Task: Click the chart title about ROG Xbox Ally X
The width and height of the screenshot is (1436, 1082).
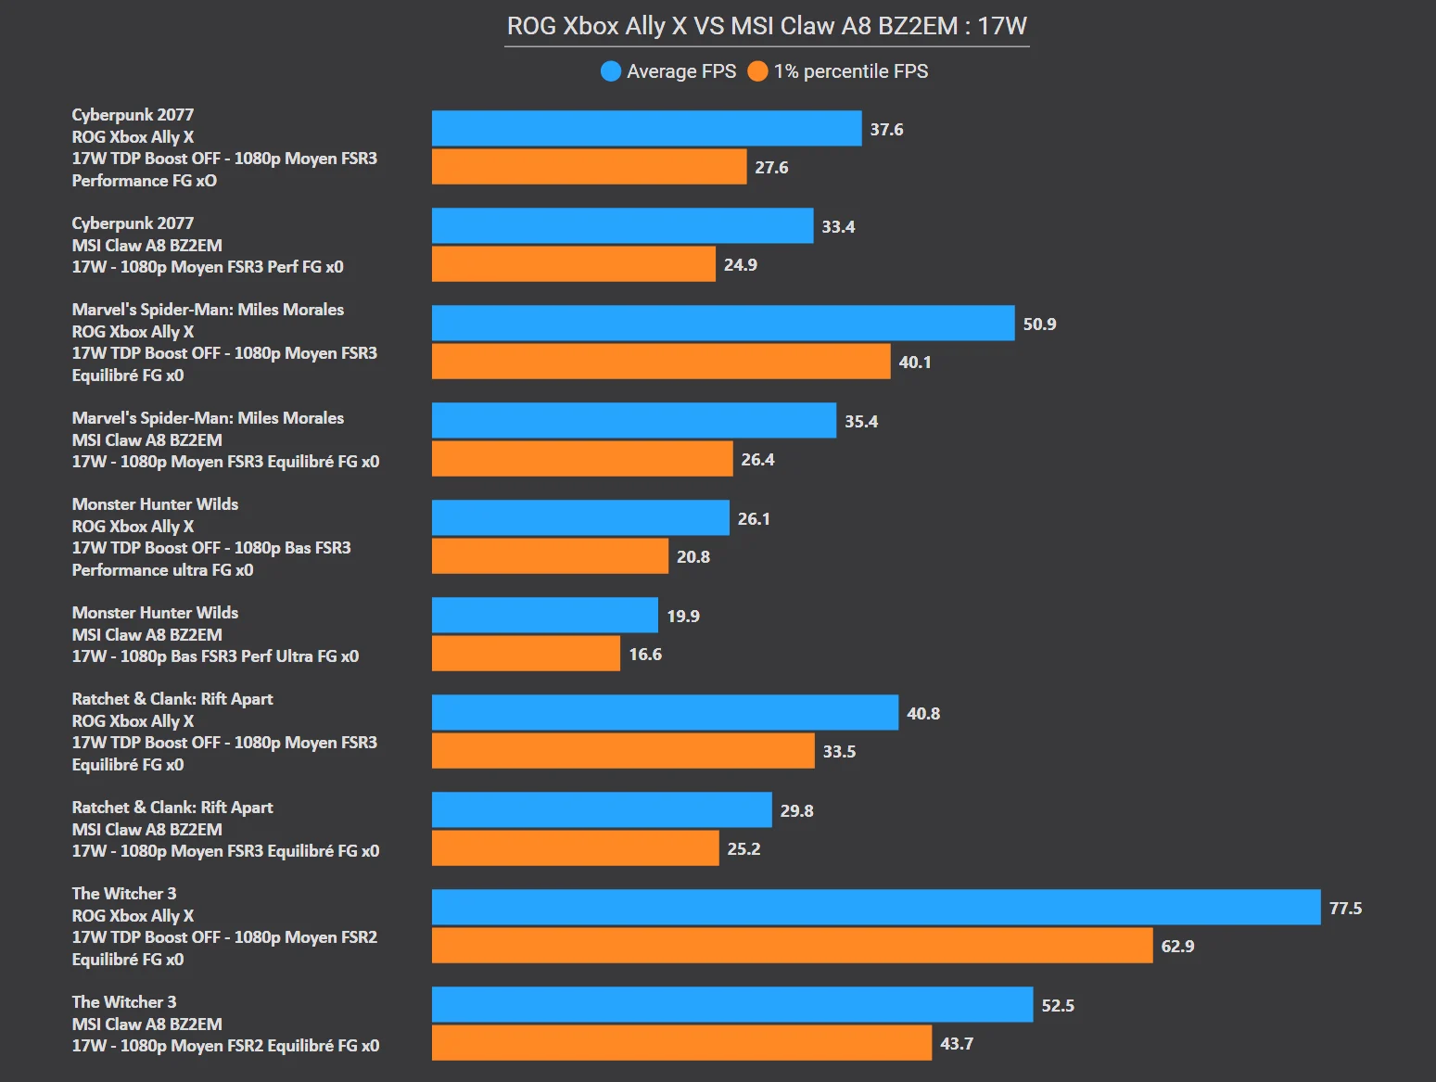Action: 767,26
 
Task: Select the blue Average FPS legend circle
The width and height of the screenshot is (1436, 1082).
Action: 610,71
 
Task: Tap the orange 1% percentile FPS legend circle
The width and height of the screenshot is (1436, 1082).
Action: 757,71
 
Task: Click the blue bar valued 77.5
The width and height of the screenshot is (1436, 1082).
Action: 876,907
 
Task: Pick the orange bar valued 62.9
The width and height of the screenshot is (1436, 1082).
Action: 792,946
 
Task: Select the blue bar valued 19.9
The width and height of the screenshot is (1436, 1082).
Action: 545,615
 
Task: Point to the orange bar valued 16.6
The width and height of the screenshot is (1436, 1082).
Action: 526,654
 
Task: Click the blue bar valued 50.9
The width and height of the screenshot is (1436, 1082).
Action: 723,323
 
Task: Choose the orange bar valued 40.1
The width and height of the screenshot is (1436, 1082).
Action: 661,362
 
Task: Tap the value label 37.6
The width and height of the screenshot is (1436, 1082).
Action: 886,130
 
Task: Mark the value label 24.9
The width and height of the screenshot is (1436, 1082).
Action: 741,265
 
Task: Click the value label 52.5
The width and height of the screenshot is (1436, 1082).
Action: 1058,1006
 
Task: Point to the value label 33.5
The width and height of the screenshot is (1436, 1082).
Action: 839,752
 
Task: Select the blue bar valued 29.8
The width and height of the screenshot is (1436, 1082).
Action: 602,809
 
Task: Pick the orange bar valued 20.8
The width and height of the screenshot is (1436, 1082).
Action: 550,556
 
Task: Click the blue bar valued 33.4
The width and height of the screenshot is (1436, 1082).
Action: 622,225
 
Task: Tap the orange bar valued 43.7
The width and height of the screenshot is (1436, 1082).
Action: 681,1042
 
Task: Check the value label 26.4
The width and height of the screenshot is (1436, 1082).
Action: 757,460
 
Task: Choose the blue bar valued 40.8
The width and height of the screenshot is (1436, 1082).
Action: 665,712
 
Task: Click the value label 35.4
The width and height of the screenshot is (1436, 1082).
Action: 861,422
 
